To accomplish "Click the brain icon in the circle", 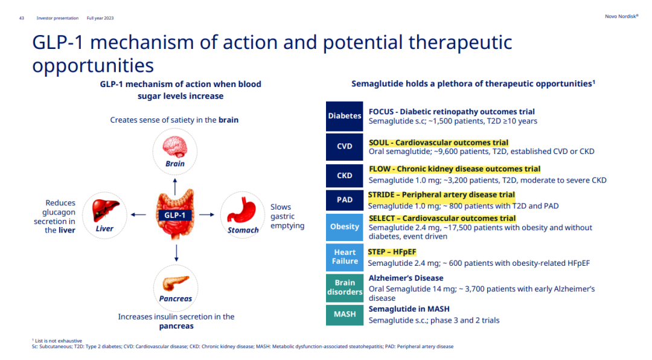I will (x=175, y=147).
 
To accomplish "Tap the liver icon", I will (x=104, y=211).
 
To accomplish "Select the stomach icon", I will (x=242, y=211).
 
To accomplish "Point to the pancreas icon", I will (x=175, y=283).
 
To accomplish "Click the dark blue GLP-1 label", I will (x=175, y=214).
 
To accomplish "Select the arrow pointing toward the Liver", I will (x=138, y=214).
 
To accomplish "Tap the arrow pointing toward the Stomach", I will (x=207, y=214).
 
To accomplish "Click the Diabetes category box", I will (x=344, y=116).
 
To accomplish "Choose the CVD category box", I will (x=344, y=146).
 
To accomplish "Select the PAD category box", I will (x=344, y=200).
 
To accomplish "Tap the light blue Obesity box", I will (x=344, y=227).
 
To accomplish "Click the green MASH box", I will (x=344, y=315).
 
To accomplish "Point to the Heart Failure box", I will (x=344, y=257).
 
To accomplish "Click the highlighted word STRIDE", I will (x=385, y=194).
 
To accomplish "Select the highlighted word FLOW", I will (x=380, y=169).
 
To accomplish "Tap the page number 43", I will (x=22, y=18).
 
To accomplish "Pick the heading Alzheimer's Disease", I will (x=406, y=278).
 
